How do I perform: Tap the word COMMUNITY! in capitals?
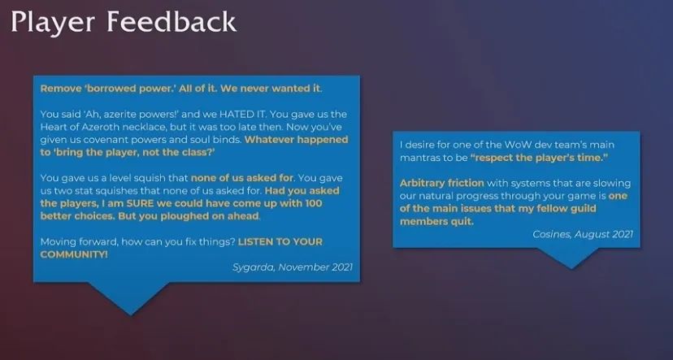coord(74,254)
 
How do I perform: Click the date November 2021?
coord(315,267)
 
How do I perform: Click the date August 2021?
coord(603,234)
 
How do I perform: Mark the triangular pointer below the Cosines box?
coord(571,257)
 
